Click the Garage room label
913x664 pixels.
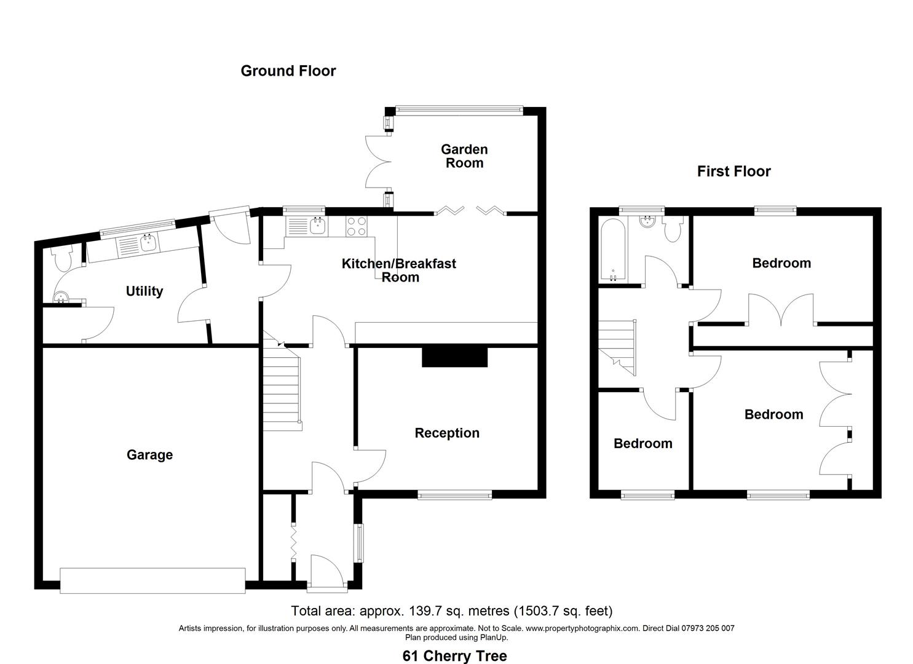pyautogui.click(x=149, y=455)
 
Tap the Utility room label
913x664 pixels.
pyautogui.click(x=144, y=291)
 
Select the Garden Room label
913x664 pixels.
pyautogui.click(x=464, y=156)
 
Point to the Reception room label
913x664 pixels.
pyautogui.click(x=447, y=433)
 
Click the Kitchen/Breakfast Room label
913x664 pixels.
pyautogui.click(x=398, y=271)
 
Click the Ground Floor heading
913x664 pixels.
pyautogui.click(x=288, y=71)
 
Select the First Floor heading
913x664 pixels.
pyautogui.click(x=733, y=171)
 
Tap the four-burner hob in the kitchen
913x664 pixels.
pyautogui.click(x=356, y=226)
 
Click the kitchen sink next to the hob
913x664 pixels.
pyautogui.click(x=307, y=226)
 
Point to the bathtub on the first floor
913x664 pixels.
pyautogui.click(x=613, y=250)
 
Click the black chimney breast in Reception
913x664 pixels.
pyautogui.click(x=454, y=357)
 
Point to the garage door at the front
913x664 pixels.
pyautogui.click(x=152, y=580)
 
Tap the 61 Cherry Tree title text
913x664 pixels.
pyautogui.click(x=455, y=656)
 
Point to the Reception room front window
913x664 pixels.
pyautogui.click(x=455, y=496)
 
